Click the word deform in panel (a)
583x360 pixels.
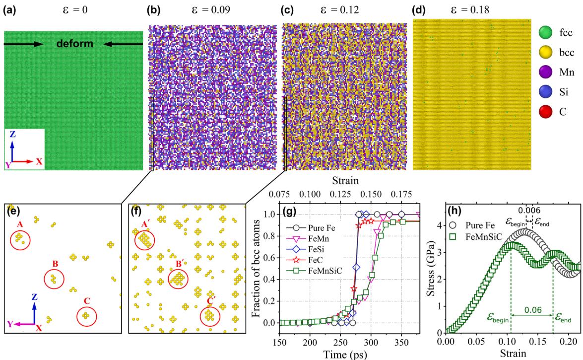pos(74,44)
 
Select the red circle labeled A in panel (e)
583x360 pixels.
pos(20,241)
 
